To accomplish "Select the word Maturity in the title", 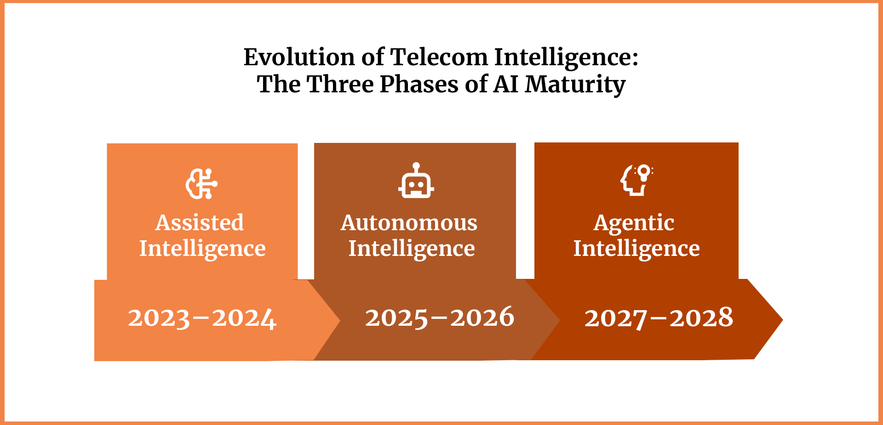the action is pyautogui.click(x=575, y=85).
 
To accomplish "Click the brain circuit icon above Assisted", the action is pyautogui.click(x=201, y=184).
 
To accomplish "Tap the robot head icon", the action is pyautogui.click(x=416, y=180).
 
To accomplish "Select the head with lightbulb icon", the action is pyautogui.click(x=637, y=180).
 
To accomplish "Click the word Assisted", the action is pyautogui.click(x=200, y=223).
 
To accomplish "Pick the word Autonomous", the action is pyautogui.click(x=409, y=223).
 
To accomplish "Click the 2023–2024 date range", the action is pyautogui.click(x=202, y=318).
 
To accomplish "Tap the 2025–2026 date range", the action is pyautogui.click(x=440, y=317).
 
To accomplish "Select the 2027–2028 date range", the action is pyautogui.click(x=659, y=318).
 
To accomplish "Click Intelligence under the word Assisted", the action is pyautogui.click(x=202, y=249).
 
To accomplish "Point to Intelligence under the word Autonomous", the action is pyautogui.click(x=412, y=249).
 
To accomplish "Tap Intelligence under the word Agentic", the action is pyautogui.click(x=636, y=249).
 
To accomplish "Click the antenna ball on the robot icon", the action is pyautogui.click(x=416, y=166).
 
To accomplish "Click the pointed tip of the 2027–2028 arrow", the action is pyautogui.click(x=783, y=319).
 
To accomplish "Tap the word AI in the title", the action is pyautogui.click(x=506, y=84).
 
